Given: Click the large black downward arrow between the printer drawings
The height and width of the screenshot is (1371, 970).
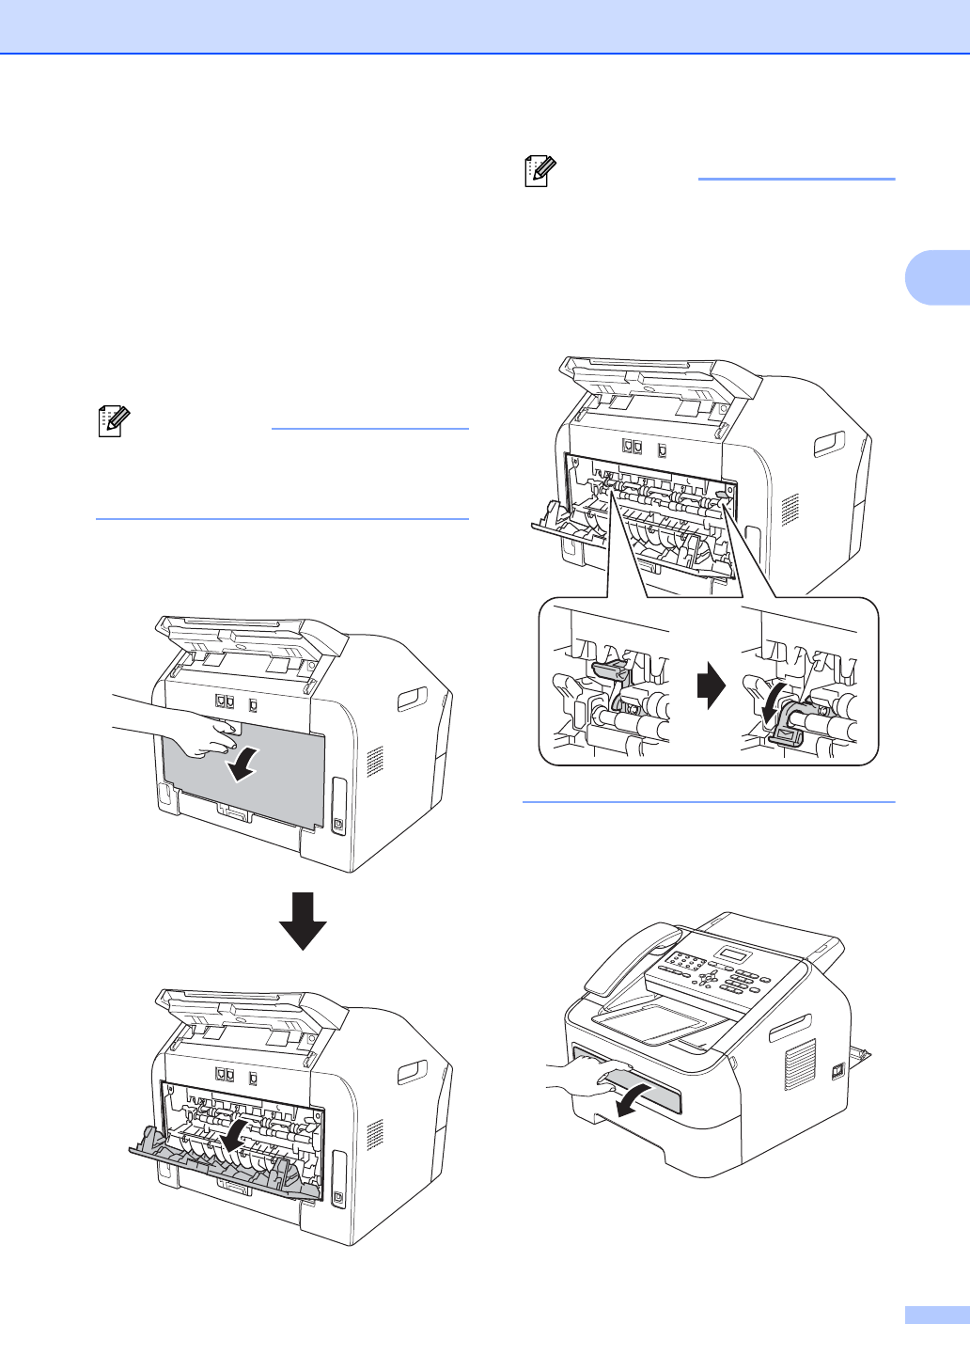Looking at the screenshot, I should (303, 921).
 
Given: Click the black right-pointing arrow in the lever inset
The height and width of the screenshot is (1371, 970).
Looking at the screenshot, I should (712, 686).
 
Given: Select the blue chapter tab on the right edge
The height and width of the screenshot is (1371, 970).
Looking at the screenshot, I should (937, 277).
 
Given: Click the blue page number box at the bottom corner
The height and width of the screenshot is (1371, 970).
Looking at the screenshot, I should (937, 1315).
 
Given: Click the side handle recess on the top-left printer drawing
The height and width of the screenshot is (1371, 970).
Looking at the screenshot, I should (411, 699).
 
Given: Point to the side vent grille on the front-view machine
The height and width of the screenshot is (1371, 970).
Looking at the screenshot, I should (799, 1064).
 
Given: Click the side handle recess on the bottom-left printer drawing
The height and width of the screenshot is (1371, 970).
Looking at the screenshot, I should (411, 1071).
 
